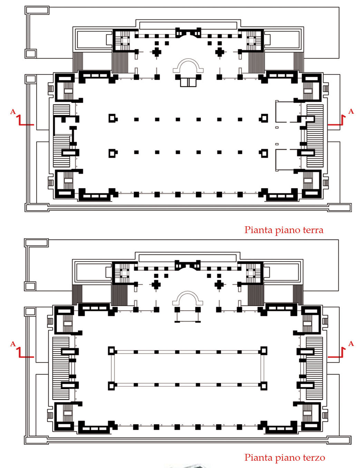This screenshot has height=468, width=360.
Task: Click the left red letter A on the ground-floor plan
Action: pyautogui.click(x=13, y=112)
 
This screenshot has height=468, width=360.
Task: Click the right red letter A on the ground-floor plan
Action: pyautogui.click(x=351, y=111)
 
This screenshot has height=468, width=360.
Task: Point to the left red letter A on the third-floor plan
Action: pyautogui.click(x=13, y=344)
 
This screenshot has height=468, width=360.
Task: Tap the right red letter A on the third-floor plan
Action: pyautogui.click(x=351, y=343)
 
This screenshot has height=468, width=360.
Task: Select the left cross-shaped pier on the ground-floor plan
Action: pyautogui.click(x=157, y=52)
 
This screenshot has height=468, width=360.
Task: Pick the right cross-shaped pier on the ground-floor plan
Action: pyautogui.click(x=220, y=52)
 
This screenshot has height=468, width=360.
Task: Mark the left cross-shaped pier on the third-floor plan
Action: pyautogui.click(x=156, y=285)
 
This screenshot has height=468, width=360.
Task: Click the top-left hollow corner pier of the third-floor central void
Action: pyautogui.click(x=111, y=351)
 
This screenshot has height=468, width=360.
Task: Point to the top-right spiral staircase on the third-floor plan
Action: pyautogui.click(x=250, y=273)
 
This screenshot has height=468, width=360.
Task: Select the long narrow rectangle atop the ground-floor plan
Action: pyautogui.click(x=188, y=26)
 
